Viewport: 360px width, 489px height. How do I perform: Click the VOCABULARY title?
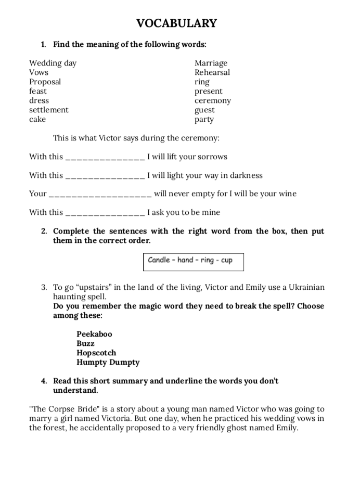[x=176, y=23]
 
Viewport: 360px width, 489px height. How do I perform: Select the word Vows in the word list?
[x=38, y=72]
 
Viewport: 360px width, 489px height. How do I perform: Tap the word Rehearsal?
[x=212, y=72]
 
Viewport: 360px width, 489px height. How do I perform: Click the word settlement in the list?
[x=48, y=110]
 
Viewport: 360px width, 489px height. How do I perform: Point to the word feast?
[x=37, y=91]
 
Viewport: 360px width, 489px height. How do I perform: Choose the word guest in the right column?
[x=204, y=110]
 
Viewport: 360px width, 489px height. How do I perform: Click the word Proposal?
[x=45, y=82]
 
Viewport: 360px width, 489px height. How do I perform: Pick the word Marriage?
[x=211, y=63]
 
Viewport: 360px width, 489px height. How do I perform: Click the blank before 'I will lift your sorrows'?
[x=105, y=157]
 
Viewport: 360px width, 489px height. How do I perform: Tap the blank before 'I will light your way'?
[x=105, y=175]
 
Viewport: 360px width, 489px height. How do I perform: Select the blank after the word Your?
[x=100, y=194]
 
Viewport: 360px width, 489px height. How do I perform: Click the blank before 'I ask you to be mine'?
[x=105, y=213]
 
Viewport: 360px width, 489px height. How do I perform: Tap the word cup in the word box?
[x=227, y=260]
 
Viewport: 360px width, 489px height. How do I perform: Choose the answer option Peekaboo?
[x=94, y=334]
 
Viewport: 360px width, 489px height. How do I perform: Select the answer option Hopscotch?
[x=96, y=353]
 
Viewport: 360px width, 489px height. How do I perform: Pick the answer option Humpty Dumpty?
[x=108, y=362]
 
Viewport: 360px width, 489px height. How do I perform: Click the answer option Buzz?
[x=85, y=343]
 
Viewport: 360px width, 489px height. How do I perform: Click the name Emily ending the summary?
[x=285, y=428]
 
